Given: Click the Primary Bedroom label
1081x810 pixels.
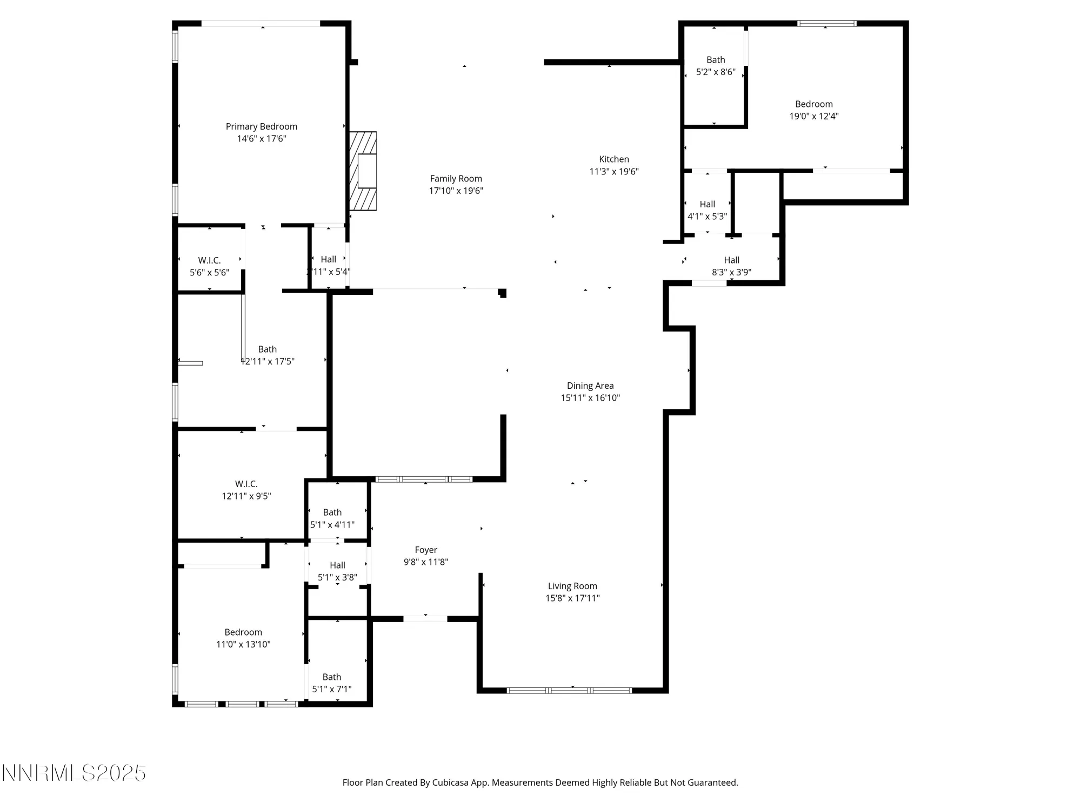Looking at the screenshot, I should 261,126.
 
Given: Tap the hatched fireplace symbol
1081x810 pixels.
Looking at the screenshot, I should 363,171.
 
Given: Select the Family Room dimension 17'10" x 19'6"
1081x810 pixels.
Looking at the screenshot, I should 456,191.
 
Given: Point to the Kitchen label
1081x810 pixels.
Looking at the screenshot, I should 613,159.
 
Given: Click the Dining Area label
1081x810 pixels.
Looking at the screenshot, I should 590,386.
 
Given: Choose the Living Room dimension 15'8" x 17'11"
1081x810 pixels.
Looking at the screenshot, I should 572,598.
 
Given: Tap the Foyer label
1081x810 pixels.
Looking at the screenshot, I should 425,550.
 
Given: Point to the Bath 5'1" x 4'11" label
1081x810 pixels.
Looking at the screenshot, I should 332,518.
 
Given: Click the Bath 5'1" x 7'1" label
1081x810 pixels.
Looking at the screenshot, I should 331,683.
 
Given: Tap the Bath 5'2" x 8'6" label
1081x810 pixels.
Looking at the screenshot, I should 715,66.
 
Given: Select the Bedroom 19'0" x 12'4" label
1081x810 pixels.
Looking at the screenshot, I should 813,110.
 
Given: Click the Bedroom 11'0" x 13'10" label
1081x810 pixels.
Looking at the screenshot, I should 243,638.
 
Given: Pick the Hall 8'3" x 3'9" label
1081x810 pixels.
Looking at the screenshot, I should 731,266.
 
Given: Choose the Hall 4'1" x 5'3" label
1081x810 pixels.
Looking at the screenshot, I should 707,210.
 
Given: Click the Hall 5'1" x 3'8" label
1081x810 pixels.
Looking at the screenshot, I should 337,571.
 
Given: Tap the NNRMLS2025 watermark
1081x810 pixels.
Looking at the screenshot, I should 74,773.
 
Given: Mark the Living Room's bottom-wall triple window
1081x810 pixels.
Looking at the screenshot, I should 569,690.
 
